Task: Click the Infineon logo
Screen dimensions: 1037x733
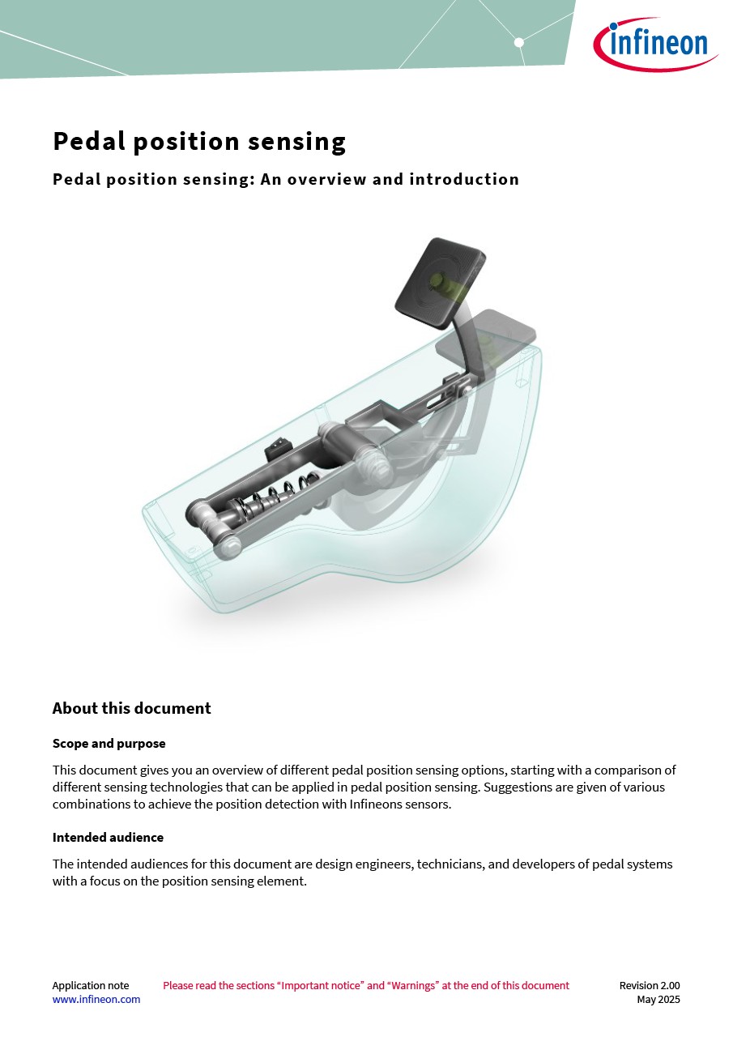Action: point(655,44)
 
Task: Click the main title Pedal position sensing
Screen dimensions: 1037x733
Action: point(199,142)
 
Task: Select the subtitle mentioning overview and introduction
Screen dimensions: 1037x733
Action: point(285,179)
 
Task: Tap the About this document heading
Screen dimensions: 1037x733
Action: point(131,708)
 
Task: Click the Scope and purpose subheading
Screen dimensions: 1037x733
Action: point(109,743)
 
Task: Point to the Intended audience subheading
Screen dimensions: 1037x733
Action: point(108,837)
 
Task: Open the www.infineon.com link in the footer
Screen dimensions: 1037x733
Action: point(96,1000)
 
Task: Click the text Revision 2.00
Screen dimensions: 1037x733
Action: point(649,986)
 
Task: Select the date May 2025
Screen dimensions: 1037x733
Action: point(658,1000)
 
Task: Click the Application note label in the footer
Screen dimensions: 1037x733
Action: point(90,986)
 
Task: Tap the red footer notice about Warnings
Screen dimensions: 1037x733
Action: point(366,986)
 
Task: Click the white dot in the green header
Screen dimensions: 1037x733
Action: point(519,42)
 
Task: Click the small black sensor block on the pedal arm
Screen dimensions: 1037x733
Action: point(275,446)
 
